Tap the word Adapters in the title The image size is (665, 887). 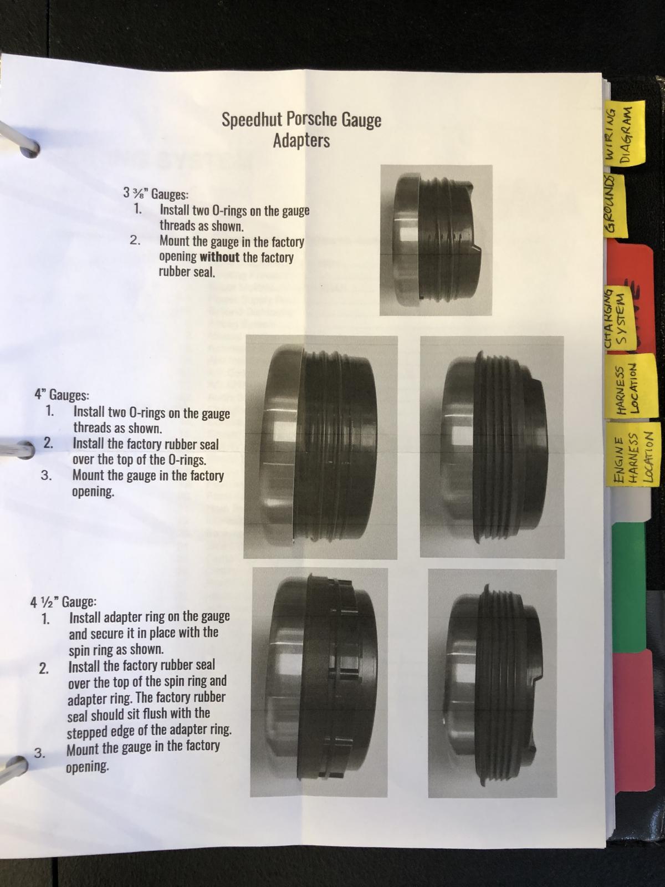[301, 141]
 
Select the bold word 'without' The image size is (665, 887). [219, 257]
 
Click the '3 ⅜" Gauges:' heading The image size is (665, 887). [156, 194]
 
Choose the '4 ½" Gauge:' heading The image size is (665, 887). [63, 603]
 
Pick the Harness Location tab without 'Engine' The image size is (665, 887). [631, 390]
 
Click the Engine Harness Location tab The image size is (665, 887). [633, 456]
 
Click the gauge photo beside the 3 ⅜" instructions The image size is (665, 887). [436, 240]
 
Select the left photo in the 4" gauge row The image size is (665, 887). [321, 447]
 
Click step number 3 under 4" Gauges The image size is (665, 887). [46, 475]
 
